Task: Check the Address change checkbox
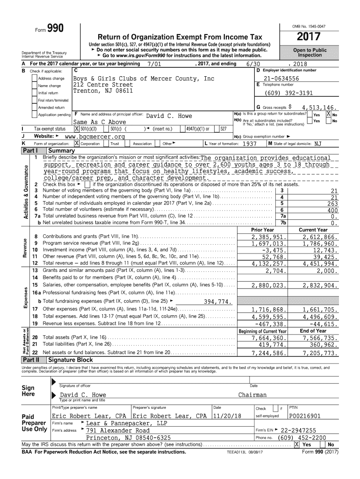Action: [35, 79]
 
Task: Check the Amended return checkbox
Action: [35, 108]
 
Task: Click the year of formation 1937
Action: [246, 145]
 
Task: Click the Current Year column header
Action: [313, 230]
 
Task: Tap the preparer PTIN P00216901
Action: [305, 416]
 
